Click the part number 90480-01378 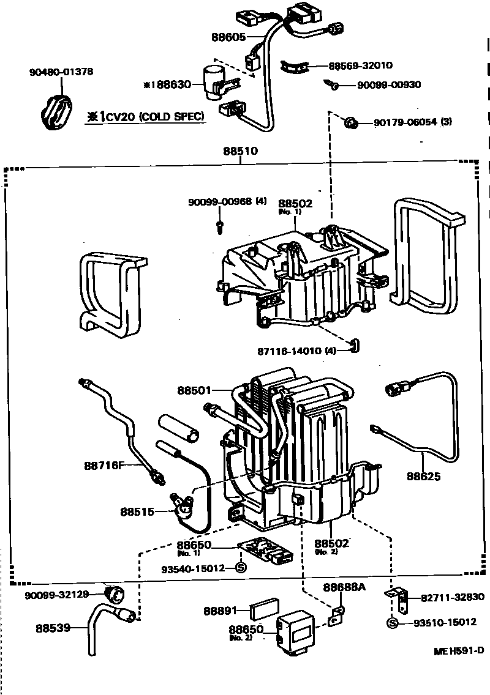point(61,72)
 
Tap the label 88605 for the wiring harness point(228,37)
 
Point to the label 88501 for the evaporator point(195,390)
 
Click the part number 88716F point(105,466)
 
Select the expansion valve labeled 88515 point(182,505)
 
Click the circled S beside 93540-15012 point(240,568)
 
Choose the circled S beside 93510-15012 point(393,623)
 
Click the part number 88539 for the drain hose point(53,628)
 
